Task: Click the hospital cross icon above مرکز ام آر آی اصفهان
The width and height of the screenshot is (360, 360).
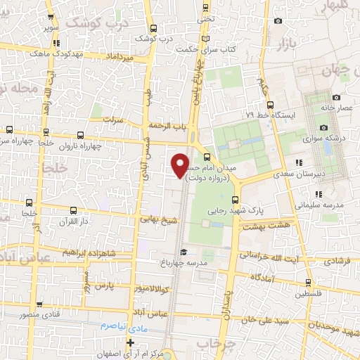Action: [129, 342]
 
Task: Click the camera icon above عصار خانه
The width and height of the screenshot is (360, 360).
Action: [336, 97]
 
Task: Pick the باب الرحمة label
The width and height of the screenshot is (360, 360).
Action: [168, 125]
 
